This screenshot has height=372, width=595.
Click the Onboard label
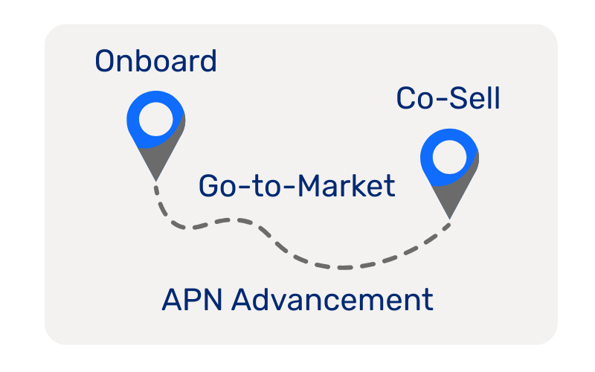coord(155,61)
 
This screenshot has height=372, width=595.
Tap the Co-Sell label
coord(448,98)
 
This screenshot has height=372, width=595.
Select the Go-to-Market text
coord(296,186)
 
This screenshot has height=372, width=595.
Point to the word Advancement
coord(332,301)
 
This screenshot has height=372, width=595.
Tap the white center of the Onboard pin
coord(155,121)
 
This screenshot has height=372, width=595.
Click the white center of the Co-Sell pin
coord(448,158)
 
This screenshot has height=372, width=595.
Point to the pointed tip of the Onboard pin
coord(155,179)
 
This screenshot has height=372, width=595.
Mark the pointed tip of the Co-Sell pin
coord(449,218)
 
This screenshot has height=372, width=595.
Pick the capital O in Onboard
coord(106,61)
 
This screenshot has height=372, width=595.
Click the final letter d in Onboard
coord(208,61)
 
